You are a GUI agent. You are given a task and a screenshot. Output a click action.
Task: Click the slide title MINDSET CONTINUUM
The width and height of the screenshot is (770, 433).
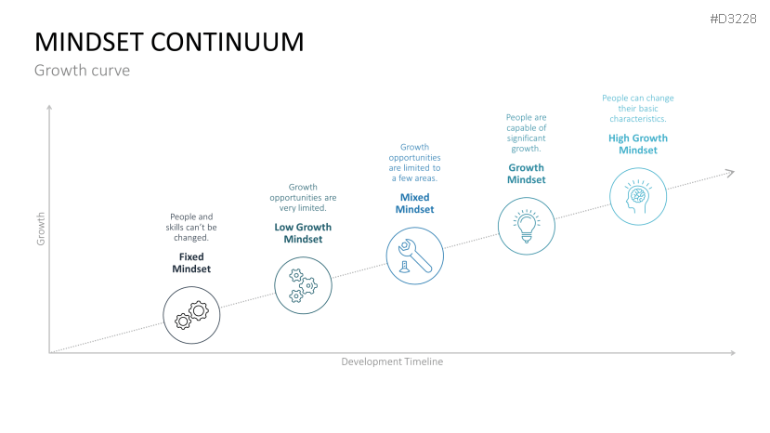(x=169, y=42)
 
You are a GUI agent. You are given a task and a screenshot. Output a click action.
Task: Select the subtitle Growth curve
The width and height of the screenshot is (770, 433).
(x=82, y=71)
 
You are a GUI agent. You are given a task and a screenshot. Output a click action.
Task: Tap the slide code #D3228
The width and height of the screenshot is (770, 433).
(x=733, y=20)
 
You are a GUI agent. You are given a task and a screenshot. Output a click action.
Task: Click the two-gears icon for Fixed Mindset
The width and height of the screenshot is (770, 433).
(x=191, y=315)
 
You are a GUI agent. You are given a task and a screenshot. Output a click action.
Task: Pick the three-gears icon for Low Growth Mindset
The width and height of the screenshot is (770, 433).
(x=303, y=285)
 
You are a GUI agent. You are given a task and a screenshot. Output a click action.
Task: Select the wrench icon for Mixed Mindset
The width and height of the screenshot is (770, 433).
(x=415, y=256)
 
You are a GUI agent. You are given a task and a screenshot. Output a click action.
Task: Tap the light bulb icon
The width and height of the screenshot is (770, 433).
(x=527, y=226)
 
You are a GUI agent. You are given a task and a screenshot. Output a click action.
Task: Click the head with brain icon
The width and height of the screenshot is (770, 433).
(x=638, y=197)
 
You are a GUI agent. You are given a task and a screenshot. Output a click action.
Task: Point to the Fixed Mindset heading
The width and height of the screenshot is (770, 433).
(x=191, y=263)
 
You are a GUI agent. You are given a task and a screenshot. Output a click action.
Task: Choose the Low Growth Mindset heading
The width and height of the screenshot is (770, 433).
(x=303, y=233)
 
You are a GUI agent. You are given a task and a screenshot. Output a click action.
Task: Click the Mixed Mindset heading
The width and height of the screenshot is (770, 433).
(x=415, y=203)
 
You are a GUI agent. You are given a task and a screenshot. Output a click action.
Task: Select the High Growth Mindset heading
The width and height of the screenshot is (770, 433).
(x=638, y=144)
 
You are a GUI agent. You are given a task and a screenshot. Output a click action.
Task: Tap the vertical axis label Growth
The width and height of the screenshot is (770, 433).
(x=41, y=229)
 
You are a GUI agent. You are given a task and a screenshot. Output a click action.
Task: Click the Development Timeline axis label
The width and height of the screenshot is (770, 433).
(x=392, y=361)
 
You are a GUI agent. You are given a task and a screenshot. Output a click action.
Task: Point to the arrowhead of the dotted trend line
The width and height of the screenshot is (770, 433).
(x=730, y=173)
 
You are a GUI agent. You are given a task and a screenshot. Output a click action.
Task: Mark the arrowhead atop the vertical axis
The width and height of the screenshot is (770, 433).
(x=49, y=107)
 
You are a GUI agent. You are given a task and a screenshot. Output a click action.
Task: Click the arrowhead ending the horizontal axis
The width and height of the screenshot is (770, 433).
(x=733, y=353)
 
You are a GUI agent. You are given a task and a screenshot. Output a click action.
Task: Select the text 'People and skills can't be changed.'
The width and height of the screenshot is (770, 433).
(x=191, y=227)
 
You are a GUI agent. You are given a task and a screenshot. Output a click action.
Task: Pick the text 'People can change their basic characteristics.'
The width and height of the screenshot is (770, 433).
(x=638, y=108)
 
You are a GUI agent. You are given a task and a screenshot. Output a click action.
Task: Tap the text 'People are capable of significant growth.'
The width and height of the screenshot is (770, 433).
(x=527, y=133)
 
